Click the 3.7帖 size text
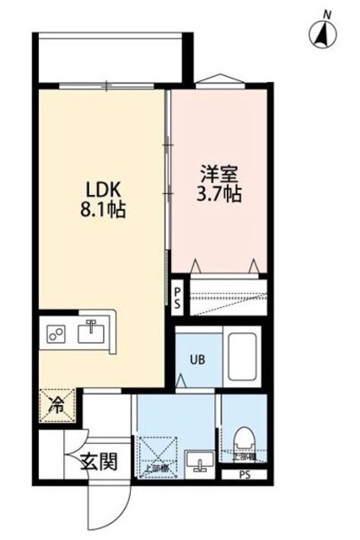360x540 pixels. [x=221, y=194]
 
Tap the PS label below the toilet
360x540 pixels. [x=244, y=473]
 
